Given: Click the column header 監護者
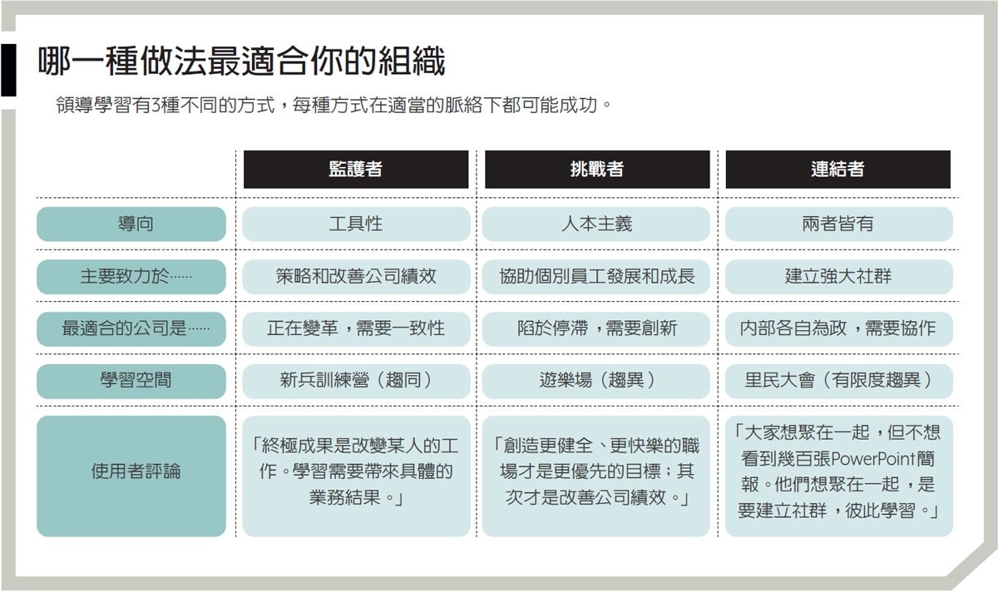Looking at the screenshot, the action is (x=356, y=170).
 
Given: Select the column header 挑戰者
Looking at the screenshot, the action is (x=597, y=170).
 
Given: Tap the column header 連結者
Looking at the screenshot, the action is (x=838, y=170).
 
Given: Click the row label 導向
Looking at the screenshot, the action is (x=131, y=224).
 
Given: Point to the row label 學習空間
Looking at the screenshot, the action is (x=131, y=381).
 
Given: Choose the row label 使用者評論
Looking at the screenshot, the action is (x=131, y=476).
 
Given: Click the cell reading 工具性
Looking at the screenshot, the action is (x=356, y=224).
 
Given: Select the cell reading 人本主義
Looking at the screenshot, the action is (x=596, y=224).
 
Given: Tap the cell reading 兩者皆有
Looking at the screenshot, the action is (x=839, y=224).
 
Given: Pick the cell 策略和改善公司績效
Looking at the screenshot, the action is (x=356, y=277).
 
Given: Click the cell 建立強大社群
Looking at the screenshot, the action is (x=839, y=277).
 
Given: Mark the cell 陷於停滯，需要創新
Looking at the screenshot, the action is (x=596, y=328).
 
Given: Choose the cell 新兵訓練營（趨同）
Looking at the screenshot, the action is (x=356, y=381).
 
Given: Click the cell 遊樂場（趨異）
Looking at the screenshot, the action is (x=596, y=381).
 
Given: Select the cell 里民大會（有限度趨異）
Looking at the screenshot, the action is (x=839, y=381).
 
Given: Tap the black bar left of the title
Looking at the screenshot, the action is (x=8, y=70).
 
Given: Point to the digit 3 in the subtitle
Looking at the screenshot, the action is (x=156, y=106).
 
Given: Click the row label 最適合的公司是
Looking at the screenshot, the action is (x=131, y=328).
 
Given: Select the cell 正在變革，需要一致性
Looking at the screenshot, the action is (x=356, y=328).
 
